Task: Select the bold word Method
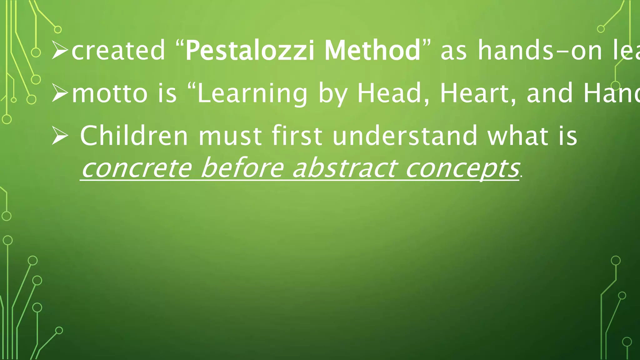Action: click(372, 51)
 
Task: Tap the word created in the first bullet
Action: click(118, 51)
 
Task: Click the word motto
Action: click(110, 93)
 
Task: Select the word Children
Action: click(134, 136)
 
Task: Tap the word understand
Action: click(405, 136)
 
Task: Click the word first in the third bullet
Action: click(297, 136)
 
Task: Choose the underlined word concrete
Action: click(136, 168)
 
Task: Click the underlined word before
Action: click(242, 168)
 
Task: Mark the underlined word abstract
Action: click(344, 168)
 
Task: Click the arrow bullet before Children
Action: click(60, 136)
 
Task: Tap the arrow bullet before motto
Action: click(60, 93)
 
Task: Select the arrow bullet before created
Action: click(60, 51)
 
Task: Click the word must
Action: click(230, 136)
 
